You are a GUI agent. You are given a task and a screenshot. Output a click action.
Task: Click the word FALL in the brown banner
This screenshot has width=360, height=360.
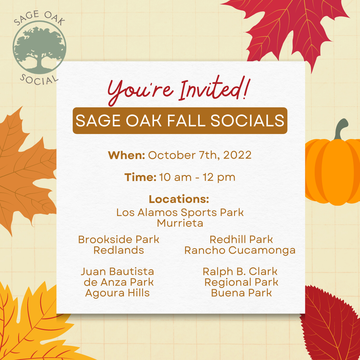point(186,121)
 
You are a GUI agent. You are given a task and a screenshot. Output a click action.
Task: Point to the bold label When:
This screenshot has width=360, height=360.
point(126,155)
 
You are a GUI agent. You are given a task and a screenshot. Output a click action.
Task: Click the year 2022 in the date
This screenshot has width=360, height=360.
point(237,155)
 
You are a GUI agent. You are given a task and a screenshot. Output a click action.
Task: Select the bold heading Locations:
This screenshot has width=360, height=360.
point(179,199)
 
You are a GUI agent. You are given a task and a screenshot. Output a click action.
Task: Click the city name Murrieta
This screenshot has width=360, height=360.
point(180,223)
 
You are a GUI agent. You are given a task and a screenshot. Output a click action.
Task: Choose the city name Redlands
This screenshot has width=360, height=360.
point(119,250)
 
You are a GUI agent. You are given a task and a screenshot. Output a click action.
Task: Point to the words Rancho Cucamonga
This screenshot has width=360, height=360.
point(240,250)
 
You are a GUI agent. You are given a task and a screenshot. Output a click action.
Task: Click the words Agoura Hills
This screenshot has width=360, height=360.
point(117,293)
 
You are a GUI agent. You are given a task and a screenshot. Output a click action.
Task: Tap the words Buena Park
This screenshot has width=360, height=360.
point(242,293)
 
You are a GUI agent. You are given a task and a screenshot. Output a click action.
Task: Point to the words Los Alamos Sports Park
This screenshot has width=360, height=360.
point(180,212)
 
